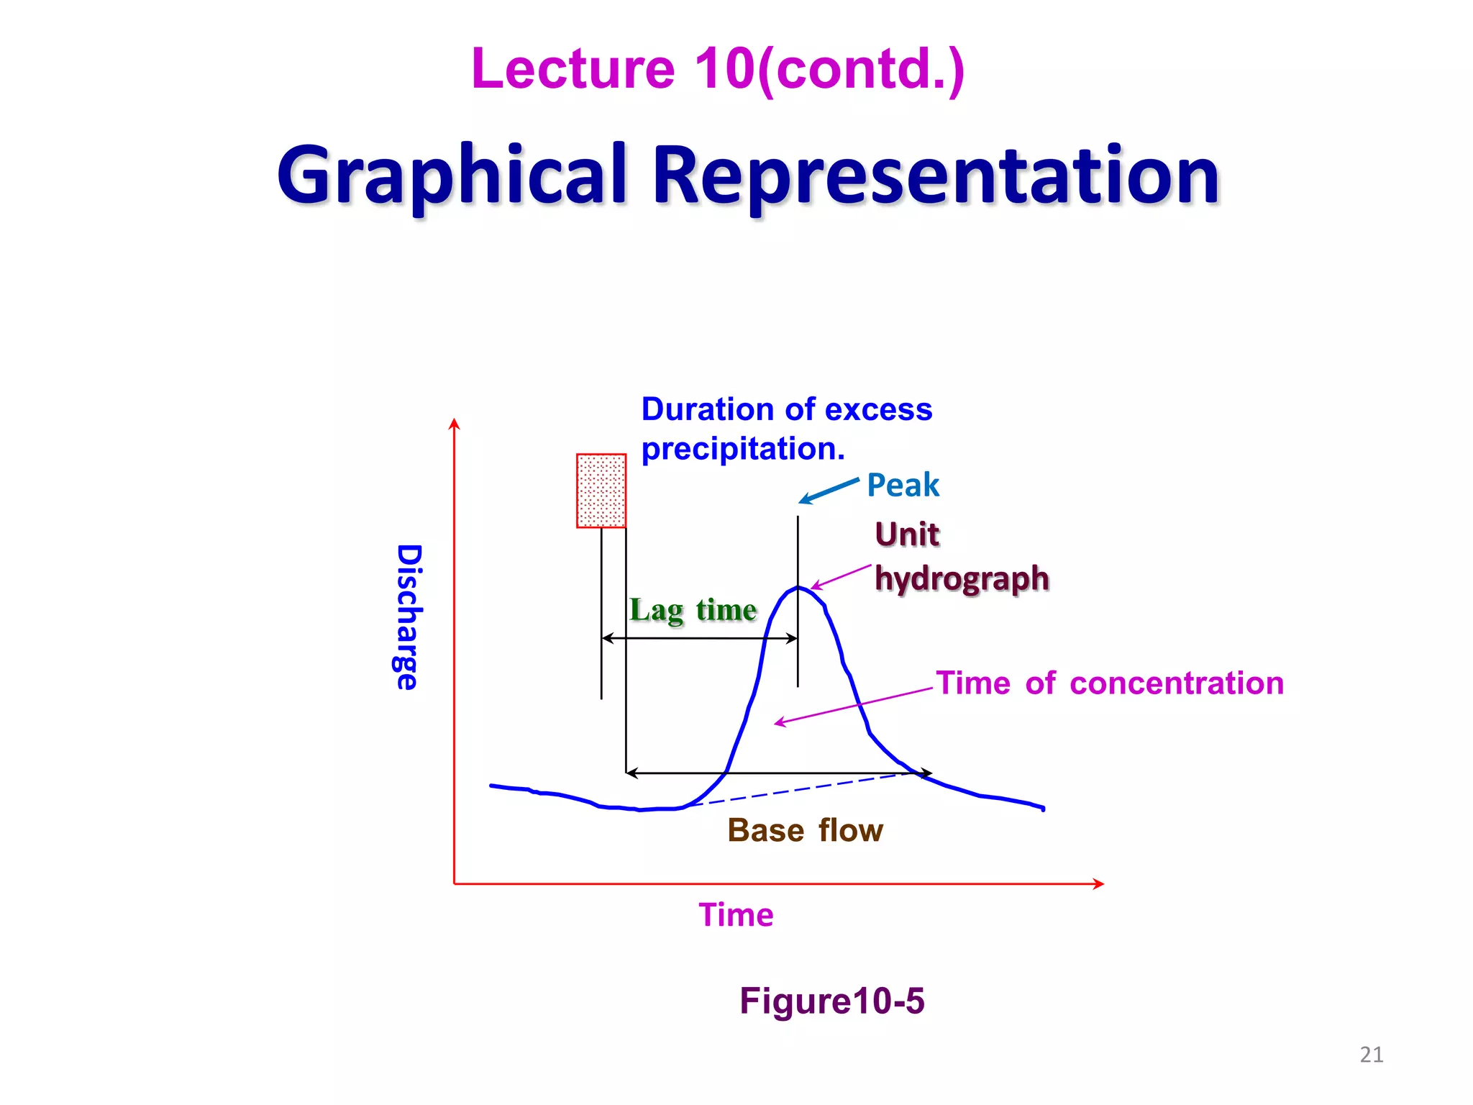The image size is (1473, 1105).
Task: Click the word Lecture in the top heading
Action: (x=573, y=69)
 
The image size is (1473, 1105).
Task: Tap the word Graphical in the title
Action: (x=452, y=176)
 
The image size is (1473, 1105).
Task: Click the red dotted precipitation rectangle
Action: (x=601, y=491)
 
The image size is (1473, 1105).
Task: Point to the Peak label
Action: (x=903, y=485)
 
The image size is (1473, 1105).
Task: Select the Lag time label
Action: (x=693, y=610)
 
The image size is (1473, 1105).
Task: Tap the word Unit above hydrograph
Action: (x=907, y=535)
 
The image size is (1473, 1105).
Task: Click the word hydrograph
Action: (x=962, y=578)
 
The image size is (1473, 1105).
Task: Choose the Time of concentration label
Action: (x=1109, y=683)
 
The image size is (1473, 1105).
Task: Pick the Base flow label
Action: (x=805, y=830)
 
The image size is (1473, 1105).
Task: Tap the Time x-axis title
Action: (x=736, y=915)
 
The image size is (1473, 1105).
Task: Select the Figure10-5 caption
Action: (x=831, y=1001)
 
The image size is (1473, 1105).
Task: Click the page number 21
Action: (x=1371, y=1055)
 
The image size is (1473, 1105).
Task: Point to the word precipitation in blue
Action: (x=742, y=449)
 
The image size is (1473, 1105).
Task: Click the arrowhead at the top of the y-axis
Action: (x=454, y=423)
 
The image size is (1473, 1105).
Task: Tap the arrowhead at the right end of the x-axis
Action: (x=1098, y=883)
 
